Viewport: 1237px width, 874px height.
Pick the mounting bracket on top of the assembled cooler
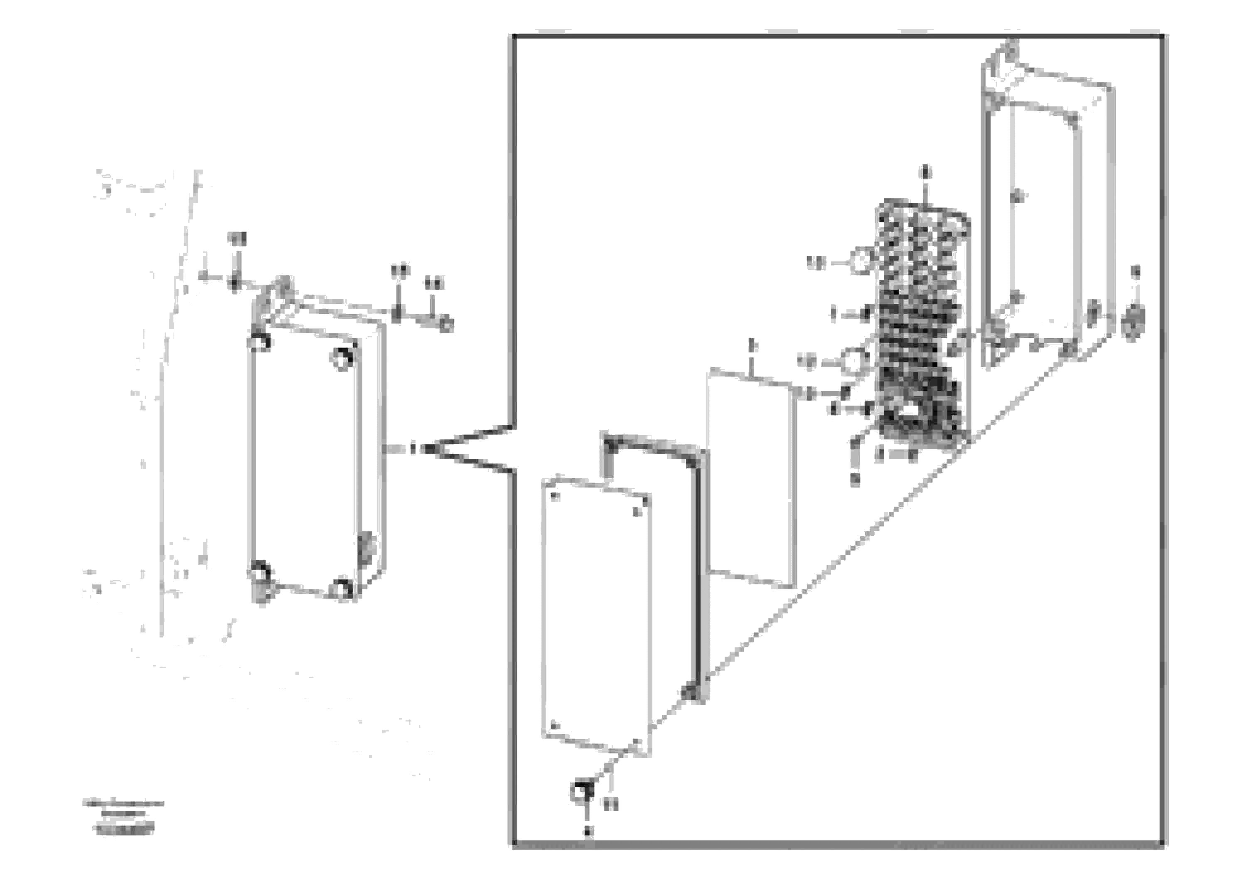[x=280, y=294]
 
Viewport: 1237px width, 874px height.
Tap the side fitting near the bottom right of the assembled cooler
[x=366, y=549]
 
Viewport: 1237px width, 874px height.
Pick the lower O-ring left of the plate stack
[x=854, y=359]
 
